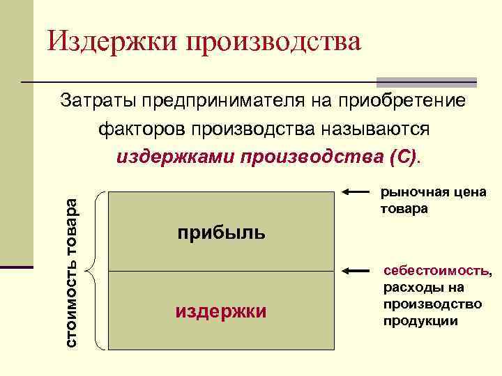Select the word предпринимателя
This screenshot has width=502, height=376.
click(x=222, y=102)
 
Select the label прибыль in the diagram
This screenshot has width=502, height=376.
click(x=220, y=233)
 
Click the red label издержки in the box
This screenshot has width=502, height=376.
click(x=220, y=311)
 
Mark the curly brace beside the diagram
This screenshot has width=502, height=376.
click(x=96, y=269)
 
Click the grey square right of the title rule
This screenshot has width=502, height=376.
click(x=426, y=81)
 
